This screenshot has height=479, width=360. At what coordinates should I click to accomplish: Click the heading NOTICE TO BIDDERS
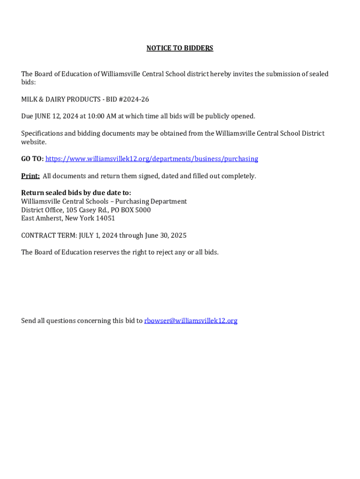click(180, 48)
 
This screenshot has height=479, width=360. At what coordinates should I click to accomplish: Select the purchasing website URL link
click(151, 159)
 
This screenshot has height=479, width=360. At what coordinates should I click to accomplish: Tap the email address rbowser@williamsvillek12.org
click(191, 320)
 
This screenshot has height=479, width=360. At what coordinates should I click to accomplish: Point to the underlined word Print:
click(30, 176)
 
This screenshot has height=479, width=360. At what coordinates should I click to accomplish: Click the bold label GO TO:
click(32, 159)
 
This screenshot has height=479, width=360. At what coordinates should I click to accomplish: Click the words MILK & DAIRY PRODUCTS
click(58, 99)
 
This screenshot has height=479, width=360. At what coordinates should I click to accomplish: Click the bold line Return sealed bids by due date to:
click(76, 193)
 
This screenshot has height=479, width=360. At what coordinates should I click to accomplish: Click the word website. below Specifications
click(34, 142)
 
